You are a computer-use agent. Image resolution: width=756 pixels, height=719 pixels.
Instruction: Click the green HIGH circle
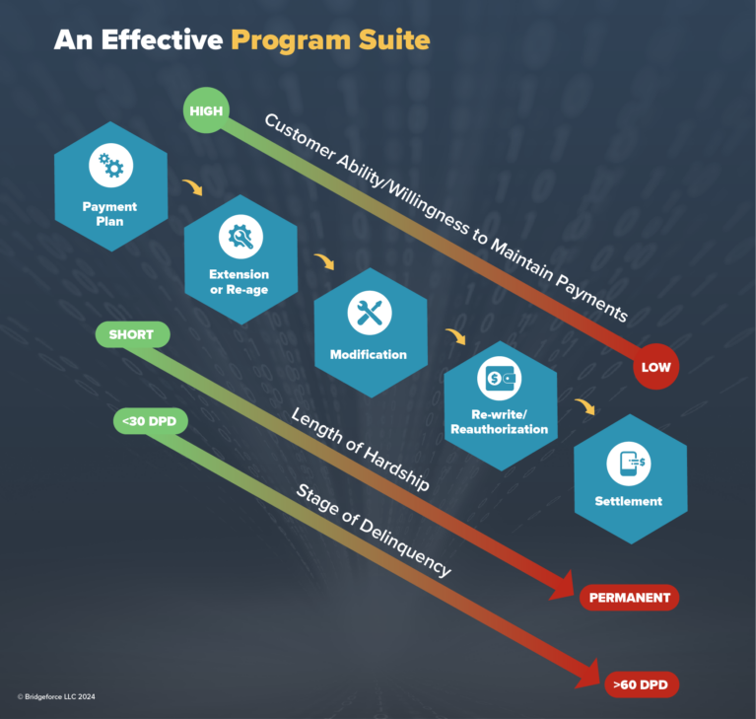(206, 110)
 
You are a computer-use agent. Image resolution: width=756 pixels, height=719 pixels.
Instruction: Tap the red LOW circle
(655, 367)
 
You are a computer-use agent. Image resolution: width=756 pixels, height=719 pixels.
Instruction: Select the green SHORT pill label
(133, 334)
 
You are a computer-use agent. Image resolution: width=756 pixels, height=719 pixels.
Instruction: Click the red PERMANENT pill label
(629, 598)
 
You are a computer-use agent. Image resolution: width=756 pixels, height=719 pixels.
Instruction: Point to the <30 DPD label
(151, 421)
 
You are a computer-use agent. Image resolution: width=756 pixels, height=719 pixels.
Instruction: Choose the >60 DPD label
(642, 684)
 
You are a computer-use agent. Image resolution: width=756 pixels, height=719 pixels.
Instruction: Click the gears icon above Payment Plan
(111, 165)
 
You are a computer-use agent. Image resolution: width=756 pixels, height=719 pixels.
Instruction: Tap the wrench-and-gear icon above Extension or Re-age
(241, 237)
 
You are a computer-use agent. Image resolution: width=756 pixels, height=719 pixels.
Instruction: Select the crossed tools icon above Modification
(370, 313)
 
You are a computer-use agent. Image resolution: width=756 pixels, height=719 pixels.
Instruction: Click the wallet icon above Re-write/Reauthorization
(500, 379)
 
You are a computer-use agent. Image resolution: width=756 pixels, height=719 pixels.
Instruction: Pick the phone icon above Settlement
(629, 464)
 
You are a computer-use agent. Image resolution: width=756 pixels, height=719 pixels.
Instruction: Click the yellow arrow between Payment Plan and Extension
(193, 187)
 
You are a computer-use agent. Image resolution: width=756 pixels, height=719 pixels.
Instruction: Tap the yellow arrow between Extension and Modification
(324, 261)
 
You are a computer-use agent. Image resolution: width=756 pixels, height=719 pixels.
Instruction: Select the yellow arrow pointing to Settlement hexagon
(584, 406)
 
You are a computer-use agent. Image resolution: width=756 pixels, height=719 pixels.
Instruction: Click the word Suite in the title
(394, 39)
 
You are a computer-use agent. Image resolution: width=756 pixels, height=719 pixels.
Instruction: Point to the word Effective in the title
(162, 39)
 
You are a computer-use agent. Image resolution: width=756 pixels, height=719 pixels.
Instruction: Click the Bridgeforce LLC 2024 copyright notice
(56, 696)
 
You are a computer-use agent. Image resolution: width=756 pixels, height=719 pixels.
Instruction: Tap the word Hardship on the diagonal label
(396, 468)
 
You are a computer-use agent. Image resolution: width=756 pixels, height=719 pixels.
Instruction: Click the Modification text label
(369, 355)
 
